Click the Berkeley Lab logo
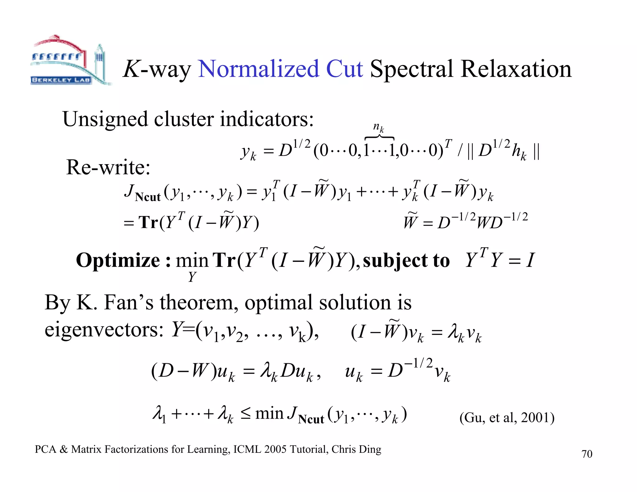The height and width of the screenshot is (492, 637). tap(70, 61)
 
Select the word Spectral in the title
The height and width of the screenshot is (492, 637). tap(411, 69)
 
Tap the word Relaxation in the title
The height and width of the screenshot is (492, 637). tap(516, 69)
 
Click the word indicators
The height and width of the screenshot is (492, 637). tap(267, 119)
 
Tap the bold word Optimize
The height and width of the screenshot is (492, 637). tap(118, 260)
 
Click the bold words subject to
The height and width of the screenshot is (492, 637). tap(406, 260)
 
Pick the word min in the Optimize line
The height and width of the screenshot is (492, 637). tap(192, 261)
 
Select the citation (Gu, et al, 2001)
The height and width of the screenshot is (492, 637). tap(507, 418)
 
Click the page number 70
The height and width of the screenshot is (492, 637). tap(587, 454)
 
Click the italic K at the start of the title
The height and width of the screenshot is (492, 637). tap(132, 69)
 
